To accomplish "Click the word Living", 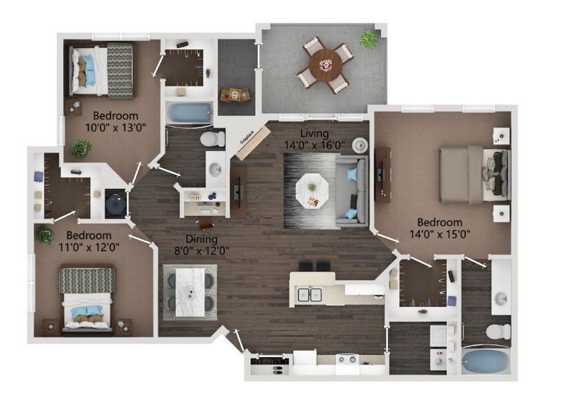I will pos(314,133).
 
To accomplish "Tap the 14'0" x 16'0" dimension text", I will pos(314,145).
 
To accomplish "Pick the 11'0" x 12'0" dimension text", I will pos(90,247).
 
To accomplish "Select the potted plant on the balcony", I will pos(370,39).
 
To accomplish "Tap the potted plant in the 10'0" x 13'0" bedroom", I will pos(81,148).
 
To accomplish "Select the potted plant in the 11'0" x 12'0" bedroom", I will pos(45,234).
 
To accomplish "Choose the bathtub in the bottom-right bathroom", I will pos(485,359).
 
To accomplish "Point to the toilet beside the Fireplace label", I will pos(210,137).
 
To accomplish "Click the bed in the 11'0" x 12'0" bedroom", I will pos(87,299).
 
